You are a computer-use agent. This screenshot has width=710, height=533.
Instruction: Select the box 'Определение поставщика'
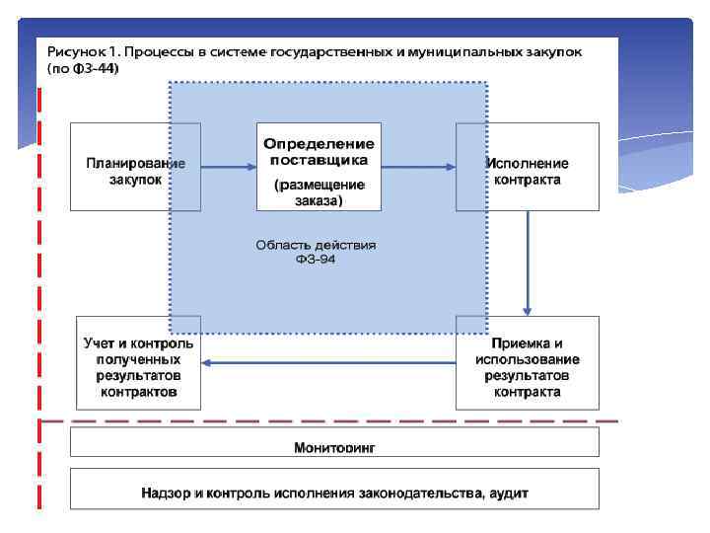[318, 166]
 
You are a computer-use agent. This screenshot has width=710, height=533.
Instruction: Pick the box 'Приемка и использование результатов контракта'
[528, 362]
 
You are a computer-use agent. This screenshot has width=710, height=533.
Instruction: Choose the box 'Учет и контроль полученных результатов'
[138, 362]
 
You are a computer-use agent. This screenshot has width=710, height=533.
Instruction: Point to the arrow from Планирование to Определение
[228, 167]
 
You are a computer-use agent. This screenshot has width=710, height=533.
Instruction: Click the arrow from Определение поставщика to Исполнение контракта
[417, 167]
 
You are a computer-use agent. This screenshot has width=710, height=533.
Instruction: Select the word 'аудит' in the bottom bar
[506, 492]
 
